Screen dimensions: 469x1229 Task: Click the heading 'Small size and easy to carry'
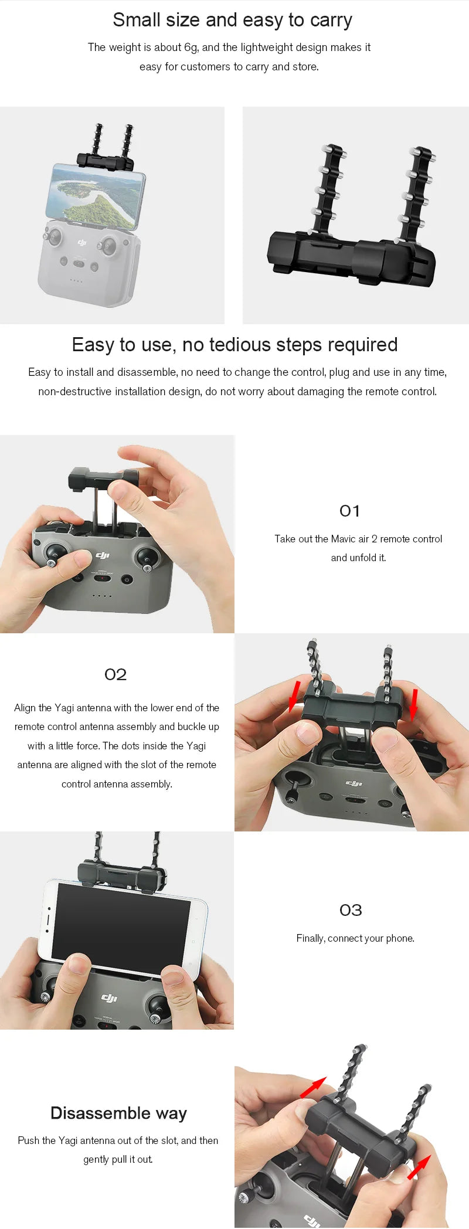point(232,21)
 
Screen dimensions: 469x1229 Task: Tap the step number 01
point(349,511)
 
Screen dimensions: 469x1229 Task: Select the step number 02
point(115,675)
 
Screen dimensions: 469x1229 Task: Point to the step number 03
point(351,911)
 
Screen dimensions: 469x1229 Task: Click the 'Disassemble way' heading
point(118,1113)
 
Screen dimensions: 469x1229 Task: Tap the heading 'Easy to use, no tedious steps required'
point(235,345)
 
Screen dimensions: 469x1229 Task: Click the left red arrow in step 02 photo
point(295,696)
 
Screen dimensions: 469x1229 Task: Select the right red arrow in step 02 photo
point(414,704)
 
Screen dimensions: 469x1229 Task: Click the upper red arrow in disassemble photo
point(313,1087)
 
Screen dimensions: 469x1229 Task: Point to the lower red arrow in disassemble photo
point(419,1167)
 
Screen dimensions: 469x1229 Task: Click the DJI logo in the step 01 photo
point(103,555)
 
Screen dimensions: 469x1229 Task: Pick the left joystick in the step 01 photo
point(56,552)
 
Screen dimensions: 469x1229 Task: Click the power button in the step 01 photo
point(126,580)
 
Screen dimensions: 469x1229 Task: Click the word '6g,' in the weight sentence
point(191,47)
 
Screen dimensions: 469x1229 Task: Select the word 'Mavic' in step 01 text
point(343,539)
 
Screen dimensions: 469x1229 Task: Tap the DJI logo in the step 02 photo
point(354,783)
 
